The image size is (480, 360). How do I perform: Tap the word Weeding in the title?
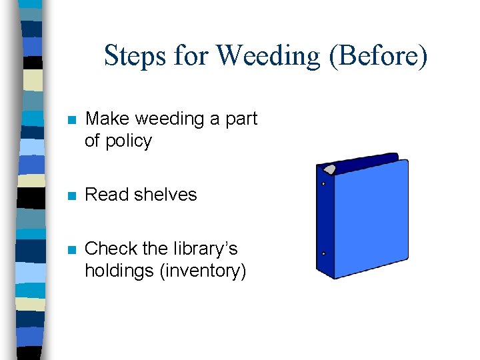[x=268, y=55]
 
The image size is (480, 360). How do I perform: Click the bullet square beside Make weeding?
[x=72, y=120]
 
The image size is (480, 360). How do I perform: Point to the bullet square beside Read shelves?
[x=72, y=195]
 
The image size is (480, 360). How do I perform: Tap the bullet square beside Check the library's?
[x=72, y=250]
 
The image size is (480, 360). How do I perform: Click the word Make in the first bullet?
[x=108, y=119]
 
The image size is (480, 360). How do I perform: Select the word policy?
[x=127, y=141]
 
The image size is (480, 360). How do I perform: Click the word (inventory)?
[x=202, y=271]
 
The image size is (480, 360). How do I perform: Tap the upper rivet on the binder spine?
[x=323, y=183]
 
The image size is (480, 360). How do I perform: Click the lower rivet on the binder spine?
[x=323, y=254]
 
